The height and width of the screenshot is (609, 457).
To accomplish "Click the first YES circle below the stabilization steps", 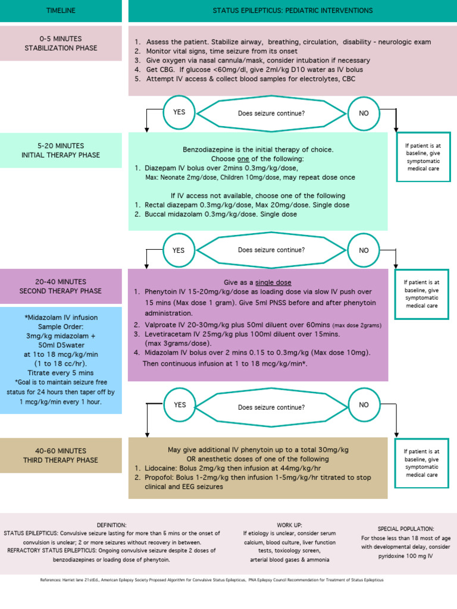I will pyautogui.click(x=179, y=112).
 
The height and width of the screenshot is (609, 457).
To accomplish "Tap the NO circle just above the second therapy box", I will pyautogui.click(x=364, y=250).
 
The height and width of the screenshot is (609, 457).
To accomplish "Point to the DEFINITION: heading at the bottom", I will pyautogui.click(x=111, y=525).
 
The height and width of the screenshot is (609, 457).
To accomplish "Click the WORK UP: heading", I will pyautogui.click(x=289, y=525).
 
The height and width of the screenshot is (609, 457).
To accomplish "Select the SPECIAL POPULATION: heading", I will pyautogui.click(x=406, y=529).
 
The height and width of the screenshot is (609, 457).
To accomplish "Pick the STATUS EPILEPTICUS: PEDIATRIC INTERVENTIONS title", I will pyautogui.click(x=293, y=11).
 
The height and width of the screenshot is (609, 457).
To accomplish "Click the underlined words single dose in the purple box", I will pyautogui.click(x=273, y=282).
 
